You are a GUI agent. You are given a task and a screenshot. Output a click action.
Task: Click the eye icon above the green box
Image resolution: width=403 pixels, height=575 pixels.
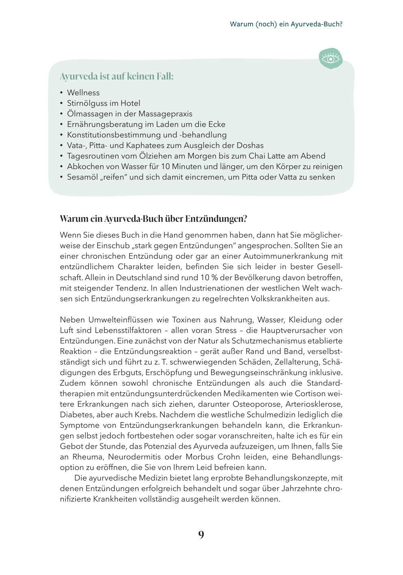pos(331,59)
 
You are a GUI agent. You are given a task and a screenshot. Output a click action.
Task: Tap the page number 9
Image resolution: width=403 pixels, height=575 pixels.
pos(201,534)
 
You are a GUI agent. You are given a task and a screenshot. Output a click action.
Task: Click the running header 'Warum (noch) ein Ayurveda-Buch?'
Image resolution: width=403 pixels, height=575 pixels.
pos(286,24)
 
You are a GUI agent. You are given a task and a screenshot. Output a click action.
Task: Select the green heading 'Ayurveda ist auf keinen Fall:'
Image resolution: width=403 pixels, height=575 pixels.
pos(117,76)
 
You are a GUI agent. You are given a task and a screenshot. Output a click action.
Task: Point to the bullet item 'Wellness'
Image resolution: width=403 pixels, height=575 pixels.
pos(83,93)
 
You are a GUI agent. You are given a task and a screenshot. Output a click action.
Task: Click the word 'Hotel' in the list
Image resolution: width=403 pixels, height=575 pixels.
pos(130,103)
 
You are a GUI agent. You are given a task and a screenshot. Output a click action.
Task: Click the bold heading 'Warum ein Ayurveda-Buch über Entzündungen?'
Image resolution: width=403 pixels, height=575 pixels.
pos(153,219)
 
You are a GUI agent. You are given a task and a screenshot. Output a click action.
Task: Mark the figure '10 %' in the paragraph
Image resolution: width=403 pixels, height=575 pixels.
pos(209,278)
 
